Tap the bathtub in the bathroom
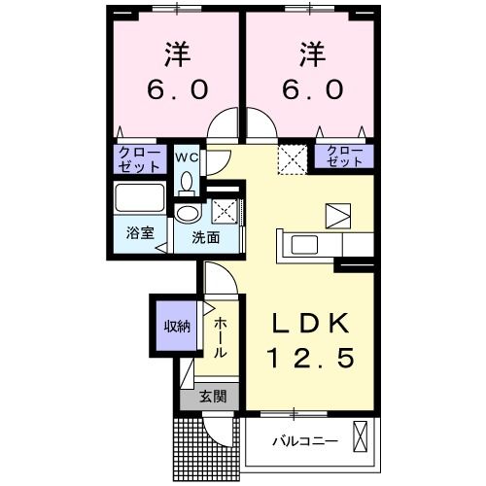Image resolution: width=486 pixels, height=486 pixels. (141, 199)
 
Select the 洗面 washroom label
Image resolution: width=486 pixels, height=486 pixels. (204, 236)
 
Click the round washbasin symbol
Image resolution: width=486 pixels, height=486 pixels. (189, 213)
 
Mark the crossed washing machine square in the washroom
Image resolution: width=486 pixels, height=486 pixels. (224, 210)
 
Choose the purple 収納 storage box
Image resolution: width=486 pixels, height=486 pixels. (176, 327)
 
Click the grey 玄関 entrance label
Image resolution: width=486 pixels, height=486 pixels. (213, 397)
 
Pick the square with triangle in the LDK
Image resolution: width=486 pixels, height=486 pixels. (336, 216)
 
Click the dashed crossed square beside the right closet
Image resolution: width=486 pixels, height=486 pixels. (292, 157)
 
